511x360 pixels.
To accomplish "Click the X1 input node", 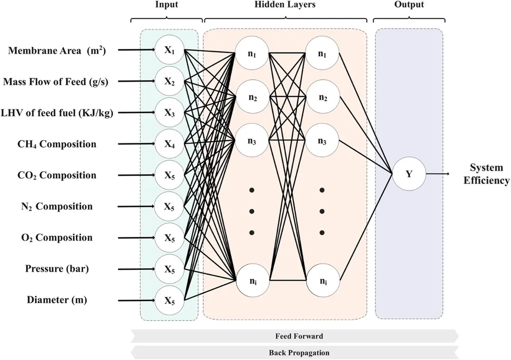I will (x=170, y=50).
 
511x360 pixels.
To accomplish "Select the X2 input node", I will (x=170, y=81).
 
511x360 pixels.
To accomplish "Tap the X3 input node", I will (x=170, y=113).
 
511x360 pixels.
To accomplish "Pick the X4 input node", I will (x=170, y=144).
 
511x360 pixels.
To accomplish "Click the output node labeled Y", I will (x=409, y=175).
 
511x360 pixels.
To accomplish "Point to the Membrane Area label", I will (x=63, y=50).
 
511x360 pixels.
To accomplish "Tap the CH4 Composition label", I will (x=56, y=145).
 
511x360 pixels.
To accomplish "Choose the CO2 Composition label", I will (x=56, y=176).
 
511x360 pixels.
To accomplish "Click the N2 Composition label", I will (x=57, y=206).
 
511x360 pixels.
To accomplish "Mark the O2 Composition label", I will (x=56, y=238).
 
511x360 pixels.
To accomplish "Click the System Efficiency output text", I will (x=487, y=174).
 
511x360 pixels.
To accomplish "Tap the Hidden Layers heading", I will (x=285, y=5).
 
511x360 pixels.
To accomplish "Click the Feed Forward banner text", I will (x=299, y=336).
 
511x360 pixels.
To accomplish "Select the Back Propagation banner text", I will (x=299, y=353).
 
